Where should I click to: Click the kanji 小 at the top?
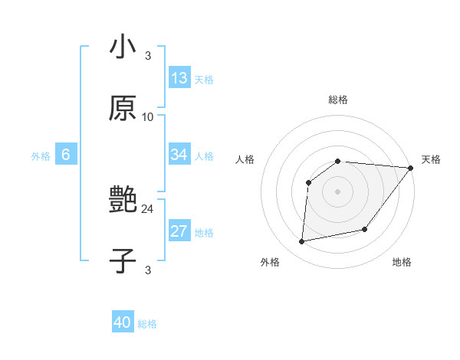click(123, 47)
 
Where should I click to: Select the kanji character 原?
click(123, 108)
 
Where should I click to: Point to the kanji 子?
click(123, 261)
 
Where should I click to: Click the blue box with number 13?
click(179, 78)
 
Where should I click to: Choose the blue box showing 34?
click(179, 155)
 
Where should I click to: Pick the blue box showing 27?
click(179, 232)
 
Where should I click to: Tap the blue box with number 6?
click(66, 155)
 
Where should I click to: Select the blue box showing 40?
click(123, 322)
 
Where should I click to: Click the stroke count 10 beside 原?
click(148, 117)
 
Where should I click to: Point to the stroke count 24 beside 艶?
click(148, 208)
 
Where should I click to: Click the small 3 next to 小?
click(148, 55)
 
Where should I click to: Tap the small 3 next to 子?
click(148, 270)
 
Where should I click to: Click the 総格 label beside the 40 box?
click(147, 324)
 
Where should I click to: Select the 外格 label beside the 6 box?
click(41, 156)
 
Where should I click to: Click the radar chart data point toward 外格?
click(302, 242)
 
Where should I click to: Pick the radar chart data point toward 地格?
click(365, 229)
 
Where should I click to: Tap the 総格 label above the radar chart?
click(337, 100)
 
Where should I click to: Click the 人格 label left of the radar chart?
click(245, 159)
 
